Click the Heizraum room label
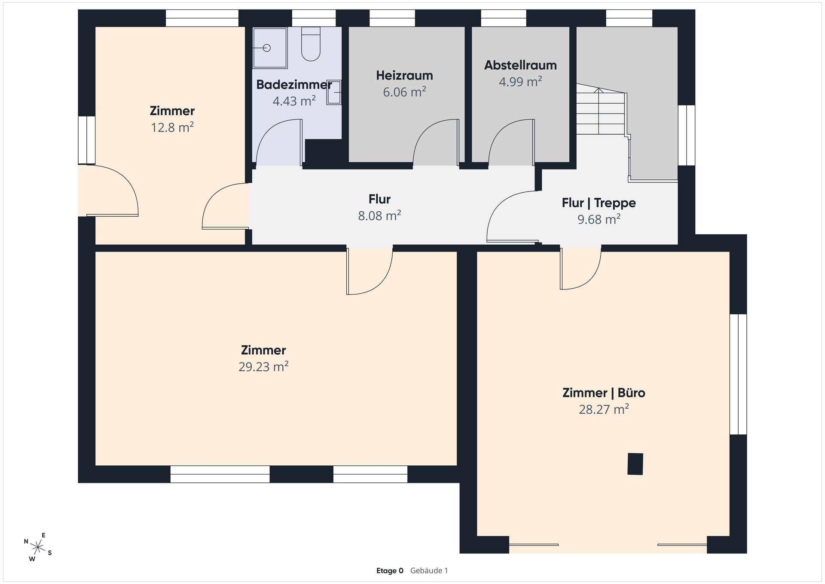pos(404,76)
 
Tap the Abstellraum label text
pos(520,65)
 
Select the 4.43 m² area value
pos(294,101)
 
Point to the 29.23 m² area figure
pos(263,366)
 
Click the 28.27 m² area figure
pos(604,409)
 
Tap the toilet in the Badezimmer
pos(311,44)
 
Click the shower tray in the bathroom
pos(270,48)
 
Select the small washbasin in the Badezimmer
pos(334,92)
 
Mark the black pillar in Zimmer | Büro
pos(635,464)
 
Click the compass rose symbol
pos(38,547)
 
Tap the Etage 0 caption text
pos(390,571)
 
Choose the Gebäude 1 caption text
pos(429,571)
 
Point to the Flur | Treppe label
pos(599,203)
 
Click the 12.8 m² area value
pos(172,127)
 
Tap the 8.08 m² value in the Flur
pos(379,215)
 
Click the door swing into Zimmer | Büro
pos(581,269)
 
